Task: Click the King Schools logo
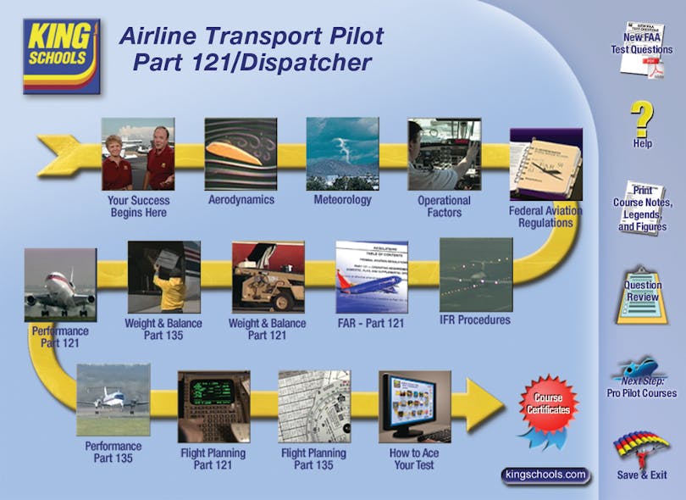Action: coord(61,56)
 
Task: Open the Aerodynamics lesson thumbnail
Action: coord(241,154)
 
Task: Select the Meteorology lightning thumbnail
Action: coord(342,154)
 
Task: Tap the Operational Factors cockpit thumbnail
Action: coord(444,154)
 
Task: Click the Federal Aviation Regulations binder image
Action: coord(545,164)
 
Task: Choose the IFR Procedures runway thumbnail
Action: coord(476,275)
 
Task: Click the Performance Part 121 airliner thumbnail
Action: coord(60,285)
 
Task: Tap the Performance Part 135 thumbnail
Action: coord(113,400)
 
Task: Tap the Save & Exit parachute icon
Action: coord(640,449)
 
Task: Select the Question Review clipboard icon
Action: coord(643,291)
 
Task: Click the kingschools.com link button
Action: coord(545,475)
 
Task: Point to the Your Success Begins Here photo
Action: coord(139,154)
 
